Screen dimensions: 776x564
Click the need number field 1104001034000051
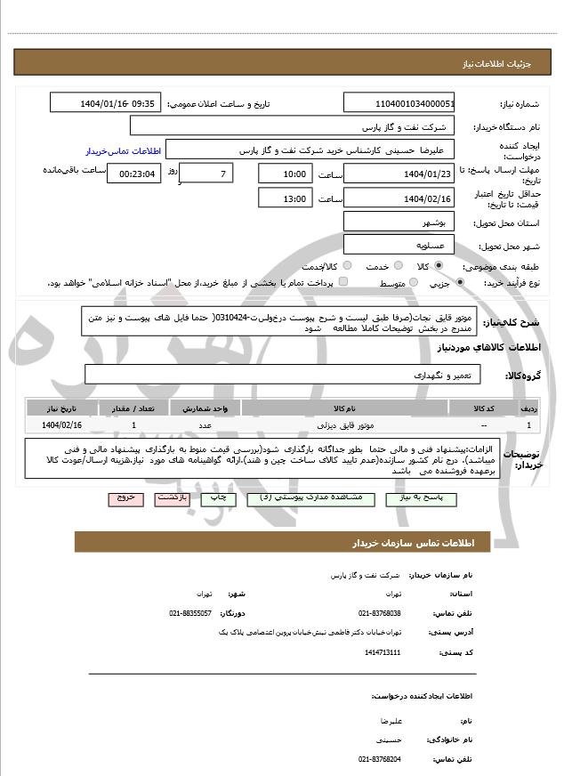pyautogui.click(x=399, y=103)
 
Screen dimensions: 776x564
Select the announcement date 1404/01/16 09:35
pyautogui.click(x=117, y=103)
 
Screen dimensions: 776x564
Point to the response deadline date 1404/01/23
pyautogui.click(x=399, y=174)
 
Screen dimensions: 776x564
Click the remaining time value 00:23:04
pyautogui.click(x=134, y=174)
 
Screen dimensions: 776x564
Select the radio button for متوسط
pyautogui.click(x=411, y=283)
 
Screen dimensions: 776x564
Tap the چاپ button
pyautogui.click(x=220, y=498)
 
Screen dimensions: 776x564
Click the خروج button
pyautogui.click(x=124, y=498)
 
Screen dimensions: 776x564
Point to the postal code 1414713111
pyautogui.click(x=383, y=652)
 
